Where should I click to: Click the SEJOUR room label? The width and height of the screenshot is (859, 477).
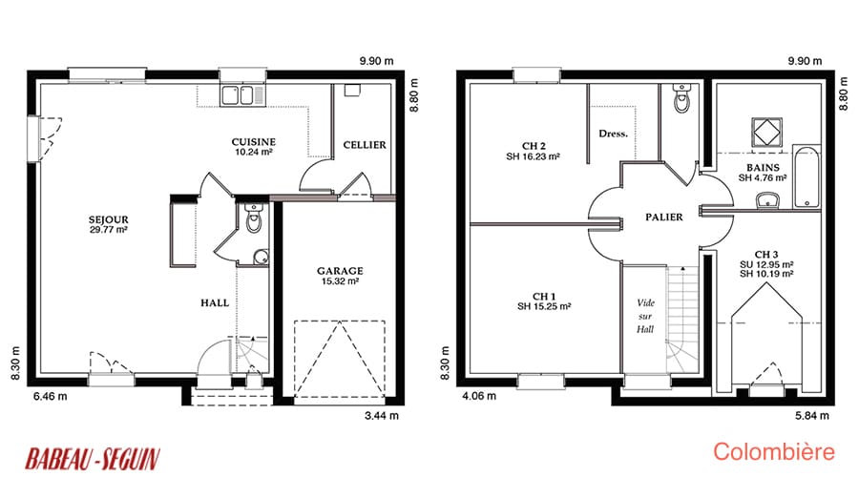click(109, 224)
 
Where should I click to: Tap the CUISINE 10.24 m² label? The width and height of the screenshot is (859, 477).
click(254, 147)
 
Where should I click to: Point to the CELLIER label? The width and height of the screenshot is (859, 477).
click(365, 145)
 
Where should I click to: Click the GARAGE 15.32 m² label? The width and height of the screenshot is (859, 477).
click(340, 276)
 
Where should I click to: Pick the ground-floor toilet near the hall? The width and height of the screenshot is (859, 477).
click(254, 218)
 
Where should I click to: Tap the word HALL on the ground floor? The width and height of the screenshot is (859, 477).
click(215, 302)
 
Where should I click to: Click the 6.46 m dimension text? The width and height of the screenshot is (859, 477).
click(51, 396)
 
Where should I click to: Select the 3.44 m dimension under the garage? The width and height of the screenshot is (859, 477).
click(382, 416)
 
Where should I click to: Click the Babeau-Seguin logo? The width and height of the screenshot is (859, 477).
click(93, 459)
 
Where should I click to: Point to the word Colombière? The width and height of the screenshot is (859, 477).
click(773, 452)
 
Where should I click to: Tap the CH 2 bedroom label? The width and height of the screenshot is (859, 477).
click(533, 151)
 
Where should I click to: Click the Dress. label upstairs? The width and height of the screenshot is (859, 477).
click(613, 134)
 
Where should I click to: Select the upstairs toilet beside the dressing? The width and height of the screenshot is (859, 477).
click(681, 97)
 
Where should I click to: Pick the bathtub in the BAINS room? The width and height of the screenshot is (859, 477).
click(807, 176)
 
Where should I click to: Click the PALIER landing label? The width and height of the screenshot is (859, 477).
click(664, 217)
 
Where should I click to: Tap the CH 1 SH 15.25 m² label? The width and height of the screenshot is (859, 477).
click(544, 301)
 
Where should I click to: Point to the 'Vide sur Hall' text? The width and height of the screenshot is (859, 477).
click(645, 316)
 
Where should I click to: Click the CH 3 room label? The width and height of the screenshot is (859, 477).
click(766, 263)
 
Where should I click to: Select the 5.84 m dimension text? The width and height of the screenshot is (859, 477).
click(812, 416)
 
